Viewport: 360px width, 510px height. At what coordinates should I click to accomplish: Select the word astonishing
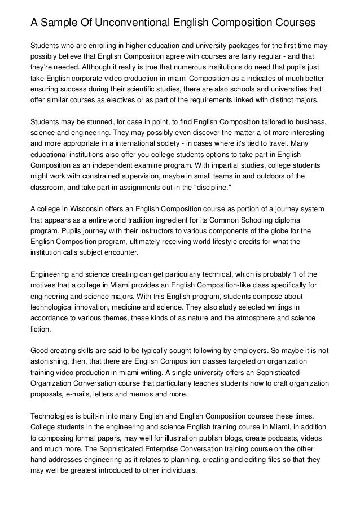[52, 360]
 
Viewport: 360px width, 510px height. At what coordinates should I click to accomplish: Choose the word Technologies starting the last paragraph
[55, 416]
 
